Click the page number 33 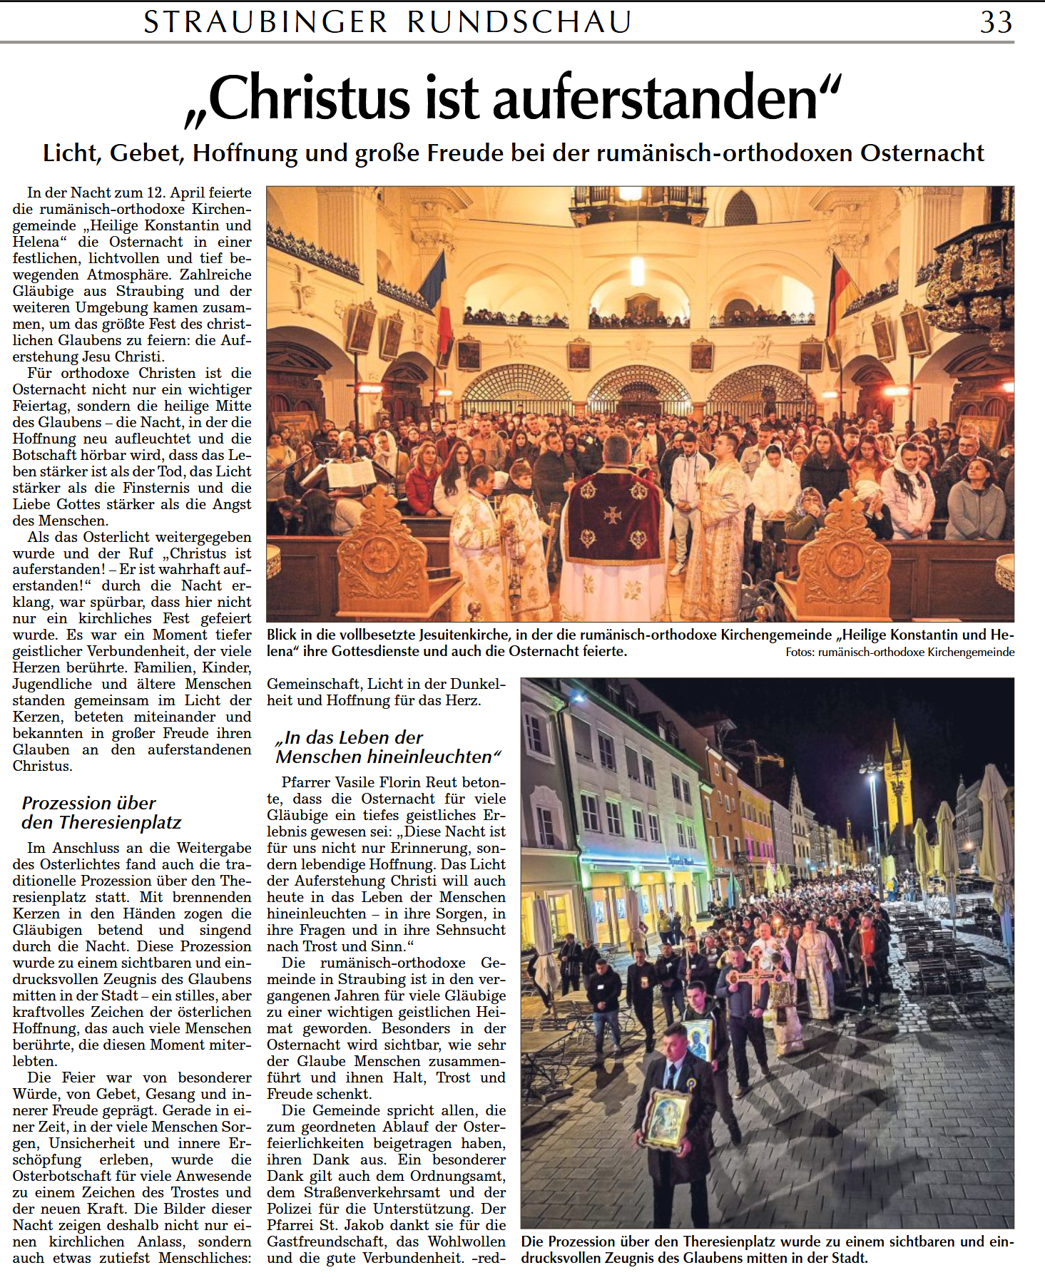pos(996,22)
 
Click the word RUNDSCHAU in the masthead pos(519,22)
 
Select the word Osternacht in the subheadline pos(922,153)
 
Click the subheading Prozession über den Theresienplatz pos(101,813)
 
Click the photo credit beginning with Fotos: pos(899,652)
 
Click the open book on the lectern pos(350,473)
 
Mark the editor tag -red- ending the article pos(489,1258)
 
